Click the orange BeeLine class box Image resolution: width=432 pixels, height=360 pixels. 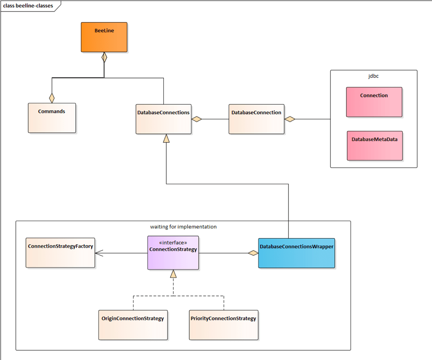(104, 37)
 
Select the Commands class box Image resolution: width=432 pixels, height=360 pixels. (52, 118)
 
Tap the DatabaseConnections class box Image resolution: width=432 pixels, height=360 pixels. (163, 119)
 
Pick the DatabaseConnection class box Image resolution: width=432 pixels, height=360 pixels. (256, 119)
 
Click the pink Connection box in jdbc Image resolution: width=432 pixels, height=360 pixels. (374, 102)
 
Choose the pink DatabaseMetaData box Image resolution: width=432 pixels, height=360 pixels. (374, 146)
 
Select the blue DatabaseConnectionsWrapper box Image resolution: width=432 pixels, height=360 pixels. (296, 252)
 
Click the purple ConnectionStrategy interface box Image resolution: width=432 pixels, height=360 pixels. (173, 253)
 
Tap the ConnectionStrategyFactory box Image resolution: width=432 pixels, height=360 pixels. (60, 252)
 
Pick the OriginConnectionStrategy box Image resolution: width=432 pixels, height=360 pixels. (133, 325)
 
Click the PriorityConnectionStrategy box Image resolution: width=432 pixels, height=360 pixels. (224, 325)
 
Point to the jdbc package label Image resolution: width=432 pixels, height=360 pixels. (373, 76)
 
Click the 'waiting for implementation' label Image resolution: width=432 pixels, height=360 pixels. (183, 227)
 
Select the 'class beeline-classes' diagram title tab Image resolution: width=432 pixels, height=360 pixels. (28, 6)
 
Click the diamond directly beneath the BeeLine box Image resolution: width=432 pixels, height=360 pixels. (104, 57)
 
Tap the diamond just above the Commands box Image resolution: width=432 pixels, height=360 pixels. (52, 98)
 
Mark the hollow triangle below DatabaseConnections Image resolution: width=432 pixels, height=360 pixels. (166, 138)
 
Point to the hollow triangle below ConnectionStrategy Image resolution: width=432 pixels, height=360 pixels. (173, 274)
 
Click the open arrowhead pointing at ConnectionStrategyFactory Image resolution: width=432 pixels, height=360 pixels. (99, 253)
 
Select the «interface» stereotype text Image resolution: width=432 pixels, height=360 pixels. (173, 243)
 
